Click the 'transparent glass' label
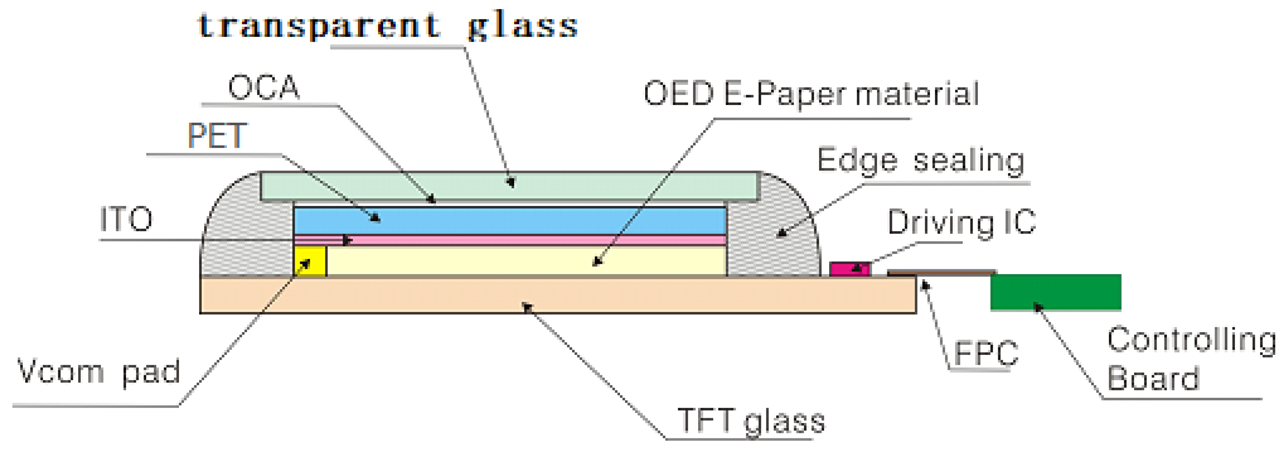coord(388,26)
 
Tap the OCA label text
coord(263,88)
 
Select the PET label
coord(217,135)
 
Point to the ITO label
coord(126,219)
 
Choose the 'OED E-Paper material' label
coord(811,94)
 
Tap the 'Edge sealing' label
coord(920,161)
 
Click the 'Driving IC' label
coord(961,222)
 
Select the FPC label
coord(986,354)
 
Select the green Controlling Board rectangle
coord(1056,292)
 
